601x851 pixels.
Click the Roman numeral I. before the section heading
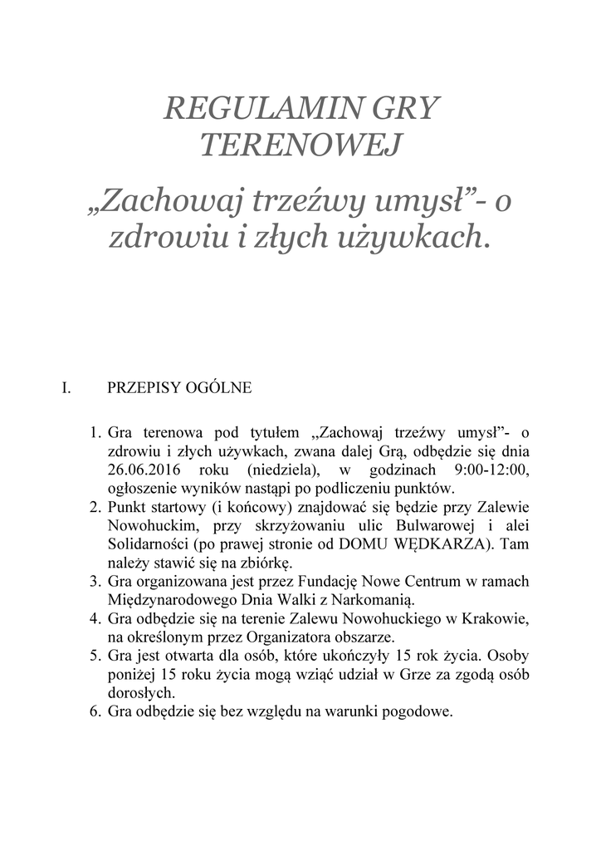pyautogui.click(x=69, y=387)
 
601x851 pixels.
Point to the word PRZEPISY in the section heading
pyautogui.click(x=142, y=387)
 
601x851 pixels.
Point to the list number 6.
pyautogui.click(x=94, y=711)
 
